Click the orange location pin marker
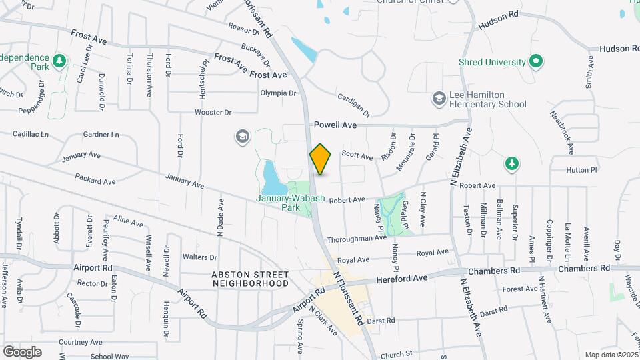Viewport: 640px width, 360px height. tap(321, 160)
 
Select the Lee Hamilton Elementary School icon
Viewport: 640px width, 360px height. tap(438, 99)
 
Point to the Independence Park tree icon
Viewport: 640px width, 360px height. tap(59, 61)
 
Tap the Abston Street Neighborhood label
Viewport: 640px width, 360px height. tap(250, 279)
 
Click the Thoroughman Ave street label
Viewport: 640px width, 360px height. tap(357, 238)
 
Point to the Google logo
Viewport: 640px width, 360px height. tap(22, 351)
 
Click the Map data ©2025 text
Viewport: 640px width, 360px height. tap(611, 355)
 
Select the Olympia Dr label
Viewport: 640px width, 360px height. tap(277, 93)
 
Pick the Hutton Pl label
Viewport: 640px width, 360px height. tap(582, 170)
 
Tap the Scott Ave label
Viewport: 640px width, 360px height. tap(357, 156)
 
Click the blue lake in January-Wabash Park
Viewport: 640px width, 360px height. tap(272, 177)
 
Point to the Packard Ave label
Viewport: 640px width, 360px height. tap(95, 181)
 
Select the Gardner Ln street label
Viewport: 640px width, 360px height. tap(101, 135)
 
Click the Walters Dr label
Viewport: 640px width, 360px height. tap(200, 257)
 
